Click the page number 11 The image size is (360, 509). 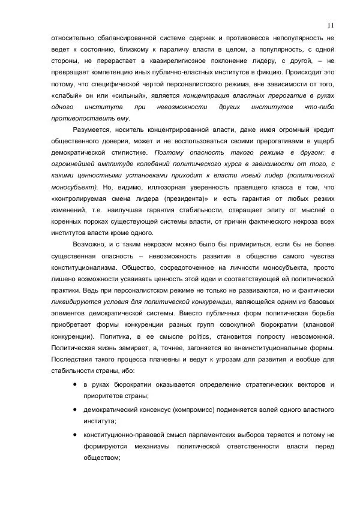[331, 25]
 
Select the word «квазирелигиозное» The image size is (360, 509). [176, 61]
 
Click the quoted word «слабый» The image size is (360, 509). [67, 95]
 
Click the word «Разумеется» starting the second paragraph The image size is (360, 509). [92, 129]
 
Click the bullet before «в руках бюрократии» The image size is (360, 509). [74, 384]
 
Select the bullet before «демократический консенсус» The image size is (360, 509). [74, 410]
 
